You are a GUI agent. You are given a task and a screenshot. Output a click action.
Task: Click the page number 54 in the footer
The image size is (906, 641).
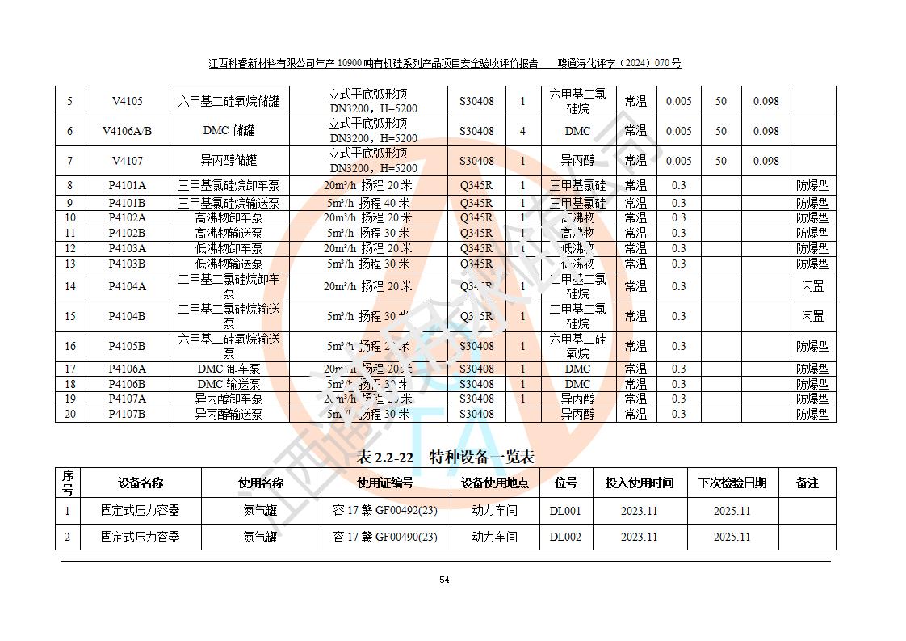tap(444, 580)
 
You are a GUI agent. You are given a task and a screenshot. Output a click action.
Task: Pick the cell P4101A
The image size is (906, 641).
tap(127, 185)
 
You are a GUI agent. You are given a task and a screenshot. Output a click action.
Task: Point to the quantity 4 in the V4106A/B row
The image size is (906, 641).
tap(522, 131)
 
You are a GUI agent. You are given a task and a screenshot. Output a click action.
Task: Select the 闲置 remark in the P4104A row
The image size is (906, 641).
tap(812, 286)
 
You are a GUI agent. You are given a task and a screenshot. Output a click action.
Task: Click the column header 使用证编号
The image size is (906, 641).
tap(385, 483)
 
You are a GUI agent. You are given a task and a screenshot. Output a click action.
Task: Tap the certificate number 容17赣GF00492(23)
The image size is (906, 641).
tap(385, 511)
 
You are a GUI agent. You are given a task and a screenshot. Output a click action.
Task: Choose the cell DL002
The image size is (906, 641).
tap(565, 537)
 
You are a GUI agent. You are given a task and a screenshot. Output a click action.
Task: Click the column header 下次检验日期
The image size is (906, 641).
tap(732, 483)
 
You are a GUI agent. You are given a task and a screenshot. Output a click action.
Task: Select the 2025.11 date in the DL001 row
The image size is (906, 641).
tap(732, 511)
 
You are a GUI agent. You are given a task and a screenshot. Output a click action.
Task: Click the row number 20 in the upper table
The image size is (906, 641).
tap(70, 414)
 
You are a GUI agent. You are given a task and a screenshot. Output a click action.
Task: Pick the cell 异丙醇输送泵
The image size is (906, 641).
tap(229, 414)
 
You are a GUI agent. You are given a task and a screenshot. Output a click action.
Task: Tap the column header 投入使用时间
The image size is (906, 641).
tap(640, 483)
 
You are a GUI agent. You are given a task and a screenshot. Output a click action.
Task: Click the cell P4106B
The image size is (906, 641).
tap(127, 384)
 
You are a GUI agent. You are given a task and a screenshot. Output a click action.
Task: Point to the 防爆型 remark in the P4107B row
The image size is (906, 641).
tap(812, 414)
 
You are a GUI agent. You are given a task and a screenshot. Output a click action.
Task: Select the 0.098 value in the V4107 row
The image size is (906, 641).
tap(765, 161)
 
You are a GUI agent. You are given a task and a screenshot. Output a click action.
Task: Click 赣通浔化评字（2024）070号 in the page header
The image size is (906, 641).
tap(619, 63)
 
